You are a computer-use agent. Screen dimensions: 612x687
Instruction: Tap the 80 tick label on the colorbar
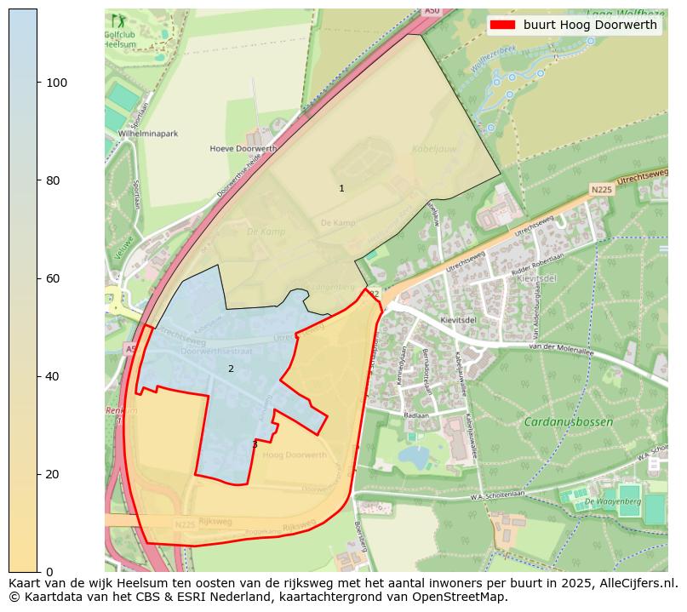(x=56, y=180)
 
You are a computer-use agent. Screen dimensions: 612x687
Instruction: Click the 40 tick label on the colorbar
(x=56, y=376)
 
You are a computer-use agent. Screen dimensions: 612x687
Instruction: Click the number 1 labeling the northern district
(x=341, y=188)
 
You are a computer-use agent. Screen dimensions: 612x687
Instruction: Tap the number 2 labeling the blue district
(x=230, y=369)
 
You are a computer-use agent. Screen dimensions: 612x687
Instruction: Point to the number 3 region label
(x=254, y=444)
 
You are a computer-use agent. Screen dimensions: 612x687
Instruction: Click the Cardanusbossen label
(x=568, y=422)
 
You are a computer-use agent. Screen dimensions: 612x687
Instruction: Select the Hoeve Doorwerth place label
(x=243, y=148)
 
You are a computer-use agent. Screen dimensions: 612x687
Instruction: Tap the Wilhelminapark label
(x=148, y=134)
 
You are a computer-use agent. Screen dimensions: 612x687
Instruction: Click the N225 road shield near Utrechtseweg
(x=601, y=189)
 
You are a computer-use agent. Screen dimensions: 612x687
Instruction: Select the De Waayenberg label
(x=612, y=502)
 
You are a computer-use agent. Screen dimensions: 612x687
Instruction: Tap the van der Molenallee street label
(x=558, y=347)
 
